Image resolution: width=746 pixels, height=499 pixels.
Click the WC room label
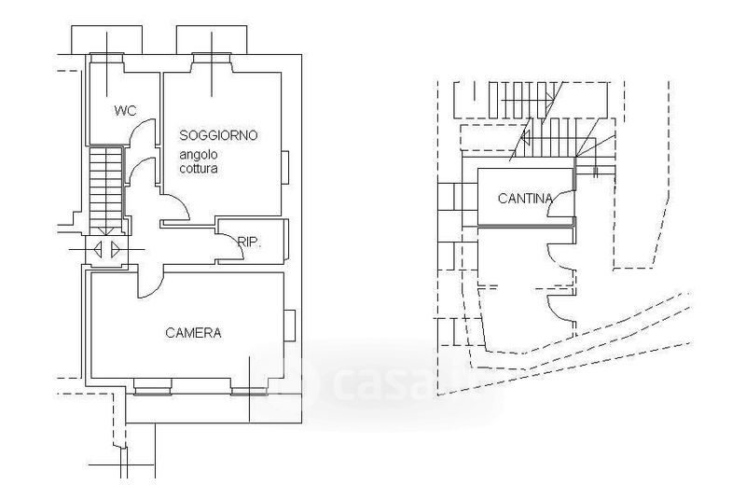(125, 111)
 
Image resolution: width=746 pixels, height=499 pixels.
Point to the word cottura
(199, 169)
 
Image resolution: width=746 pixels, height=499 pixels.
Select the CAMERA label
(193, 332)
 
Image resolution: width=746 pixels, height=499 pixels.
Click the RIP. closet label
(249, 243)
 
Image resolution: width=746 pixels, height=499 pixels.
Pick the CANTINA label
(525, 199)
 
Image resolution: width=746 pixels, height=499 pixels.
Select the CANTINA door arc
(557, 199)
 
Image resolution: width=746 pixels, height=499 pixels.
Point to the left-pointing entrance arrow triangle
(98, 249)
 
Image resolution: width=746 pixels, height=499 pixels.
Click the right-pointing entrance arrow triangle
(116, 249)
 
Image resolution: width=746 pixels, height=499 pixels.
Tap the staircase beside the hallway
(106, 191)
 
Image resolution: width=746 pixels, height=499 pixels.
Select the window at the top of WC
(106, 58)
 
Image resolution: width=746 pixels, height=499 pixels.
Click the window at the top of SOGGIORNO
(212, 58)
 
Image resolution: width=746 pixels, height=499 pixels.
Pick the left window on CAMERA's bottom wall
(152, 387)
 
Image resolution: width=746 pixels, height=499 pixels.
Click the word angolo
(199, 155)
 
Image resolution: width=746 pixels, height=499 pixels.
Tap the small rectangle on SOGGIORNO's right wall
(285, 167)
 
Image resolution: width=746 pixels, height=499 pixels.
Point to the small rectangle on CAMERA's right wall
(289, 326)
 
